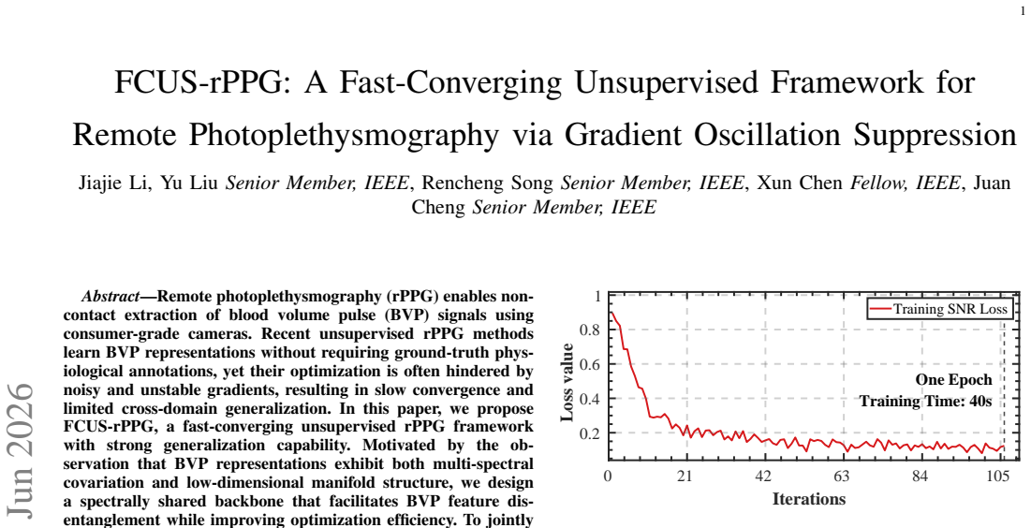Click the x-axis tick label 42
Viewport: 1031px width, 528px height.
(763, 477)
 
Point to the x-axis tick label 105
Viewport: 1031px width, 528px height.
(997, 477)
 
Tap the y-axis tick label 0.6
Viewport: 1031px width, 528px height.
(588, 364)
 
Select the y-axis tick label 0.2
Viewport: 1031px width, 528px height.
(588, 434)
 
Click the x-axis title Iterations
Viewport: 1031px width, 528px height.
(808, 498)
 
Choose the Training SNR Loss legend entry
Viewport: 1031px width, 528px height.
(939, 309)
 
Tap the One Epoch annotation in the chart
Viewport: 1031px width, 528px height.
(953, 380)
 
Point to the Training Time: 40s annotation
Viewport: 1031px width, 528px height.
(926, 401)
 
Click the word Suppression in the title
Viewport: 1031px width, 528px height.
(935, 136)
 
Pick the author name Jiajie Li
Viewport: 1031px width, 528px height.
(108, 183)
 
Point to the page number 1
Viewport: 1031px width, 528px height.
(1023, 10)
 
